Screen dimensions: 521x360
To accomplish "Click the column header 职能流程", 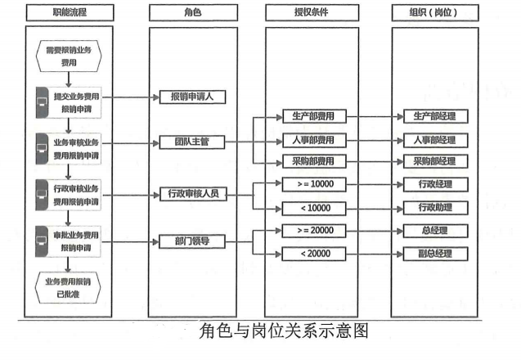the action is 70,12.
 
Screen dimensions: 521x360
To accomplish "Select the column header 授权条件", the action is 312,12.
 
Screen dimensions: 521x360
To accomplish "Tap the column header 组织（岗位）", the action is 435,12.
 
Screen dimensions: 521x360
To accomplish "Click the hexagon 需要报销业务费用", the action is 69,56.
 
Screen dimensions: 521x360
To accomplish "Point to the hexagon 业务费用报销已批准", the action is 68,287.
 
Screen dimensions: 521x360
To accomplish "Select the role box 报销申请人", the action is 192,97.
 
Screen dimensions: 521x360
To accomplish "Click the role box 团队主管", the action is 192,142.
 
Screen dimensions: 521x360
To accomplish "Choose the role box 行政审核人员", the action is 193,194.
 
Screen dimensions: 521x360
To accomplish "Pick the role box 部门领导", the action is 192,241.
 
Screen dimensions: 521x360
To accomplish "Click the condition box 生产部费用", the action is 314,116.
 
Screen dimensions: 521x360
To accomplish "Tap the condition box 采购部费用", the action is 314,161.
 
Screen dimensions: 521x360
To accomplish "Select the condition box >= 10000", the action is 314,184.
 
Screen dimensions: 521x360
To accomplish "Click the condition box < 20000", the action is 314,254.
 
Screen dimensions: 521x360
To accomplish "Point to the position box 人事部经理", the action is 436,140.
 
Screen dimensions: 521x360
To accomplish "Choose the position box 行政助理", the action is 436,208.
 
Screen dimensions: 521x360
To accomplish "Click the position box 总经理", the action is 436,231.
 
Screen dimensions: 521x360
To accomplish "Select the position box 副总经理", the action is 436,254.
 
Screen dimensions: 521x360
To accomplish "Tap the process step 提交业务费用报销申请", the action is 69,102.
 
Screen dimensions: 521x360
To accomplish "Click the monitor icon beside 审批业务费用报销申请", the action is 42,241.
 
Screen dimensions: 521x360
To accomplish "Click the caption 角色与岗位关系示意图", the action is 284,331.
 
